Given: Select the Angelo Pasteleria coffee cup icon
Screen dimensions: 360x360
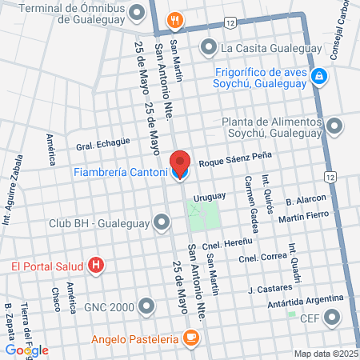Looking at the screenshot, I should (190, 338).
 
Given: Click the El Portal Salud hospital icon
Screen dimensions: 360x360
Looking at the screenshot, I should (97, 265).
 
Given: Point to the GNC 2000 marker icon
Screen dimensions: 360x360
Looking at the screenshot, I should (146, 306).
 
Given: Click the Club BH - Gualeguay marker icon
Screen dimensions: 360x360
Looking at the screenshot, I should (162, 222).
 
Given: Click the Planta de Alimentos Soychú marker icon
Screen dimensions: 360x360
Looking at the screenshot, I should (334, 125).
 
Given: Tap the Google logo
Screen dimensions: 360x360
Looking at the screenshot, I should (26, 350).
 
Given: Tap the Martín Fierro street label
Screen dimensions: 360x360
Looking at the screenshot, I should (307, 216).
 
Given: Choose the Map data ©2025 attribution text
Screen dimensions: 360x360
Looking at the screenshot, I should (324, 354).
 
